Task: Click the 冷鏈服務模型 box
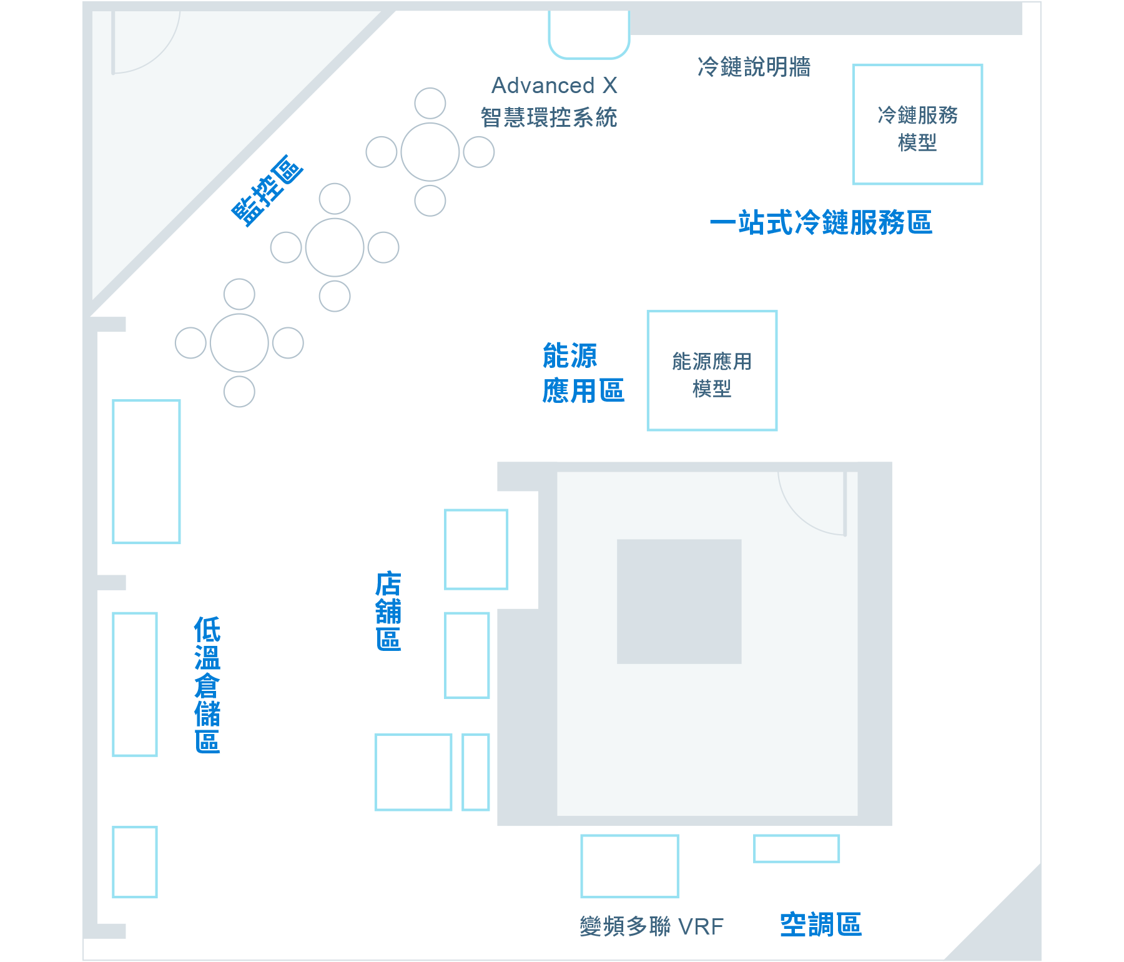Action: pyautogui.click(x=917, y=124)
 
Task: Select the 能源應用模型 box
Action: pyautogui.click(x=712, y=370)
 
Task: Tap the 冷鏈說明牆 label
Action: pyautogui.click(x=754, y=67)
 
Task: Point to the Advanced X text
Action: pyautogui.click(x=555, y=86)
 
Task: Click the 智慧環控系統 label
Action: pyautogui.click(x=548, y=117)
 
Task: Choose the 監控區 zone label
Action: pyautogui.click(x=267, y=190)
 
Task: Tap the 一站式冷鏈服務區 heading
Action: pyautogui.click(x=821, y=223)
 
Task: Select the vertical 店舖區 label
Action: pyautogui.click(x=388, y=611)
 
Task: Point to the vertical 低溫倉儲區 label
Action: pyautogui.click(x=207, y=685)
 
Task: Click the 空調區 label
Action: pyautogui.click(x=821, y=925)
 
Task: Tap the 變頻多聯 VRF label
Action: pyautogui.click(x=651, y=926)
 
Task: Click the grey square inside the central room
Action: pyautogui.click(x=679, y=601)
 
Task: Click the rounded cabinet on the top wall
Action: pyautogui.click(x=589, y=34)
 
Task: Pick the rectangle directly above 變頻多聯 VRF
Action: pyautogui.click(x=629, y=866)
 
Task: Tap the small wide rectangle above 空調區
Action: pyautogui.click(x=796, y=848)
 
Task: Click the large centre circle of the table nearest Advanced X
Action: pyautogui.click(x=430, y=152)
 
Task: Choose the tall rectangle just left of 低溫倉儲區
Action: pyautogui.click(x=135, y=684)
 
